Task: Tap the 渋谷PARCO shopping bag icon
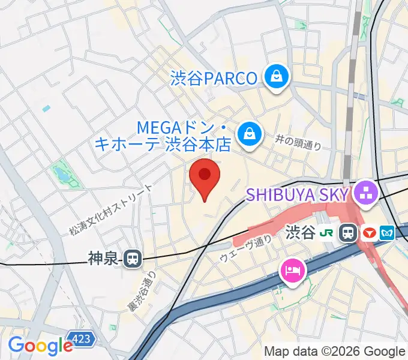[276, 77]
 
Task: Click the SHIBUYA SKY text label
[298, 194]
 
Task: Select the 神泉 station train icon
[132, 259]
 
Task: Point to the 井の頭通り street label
[299, 143]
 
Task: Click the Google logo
[40, 345]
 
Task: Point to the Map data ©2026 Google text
[335, 351]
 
